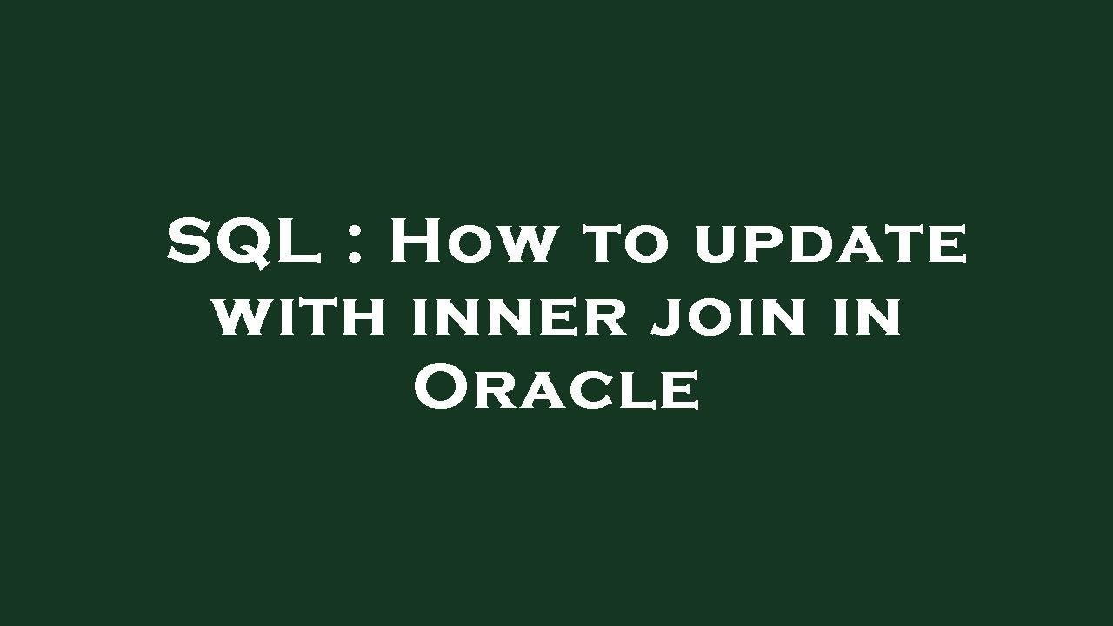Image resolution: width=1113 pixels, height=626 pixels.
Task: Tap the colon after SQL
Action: pyautogui.click(x=354, y=248)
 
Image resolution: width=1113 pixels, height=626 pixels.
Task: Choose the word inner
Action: pyautogui.click(x=519, y=318)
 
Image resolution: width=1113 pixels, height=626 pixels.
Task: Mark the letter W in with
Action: pyautogui.click(x=240, y=318)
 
